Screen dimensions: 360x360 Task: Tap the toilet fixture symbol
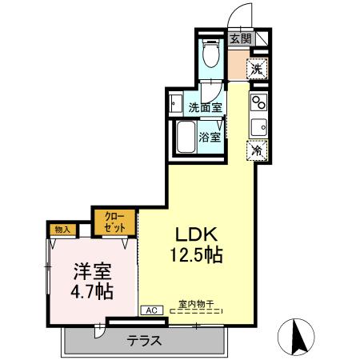point(210,54)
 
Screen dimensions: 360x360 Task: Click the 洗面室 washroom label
point(205,106)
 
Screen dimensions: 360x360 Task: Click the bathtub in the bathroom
point(186,140)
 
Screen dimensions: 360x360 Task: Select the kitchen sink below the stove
point(258,126)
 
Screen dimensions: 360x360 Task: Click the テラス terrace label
point(145,340)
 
